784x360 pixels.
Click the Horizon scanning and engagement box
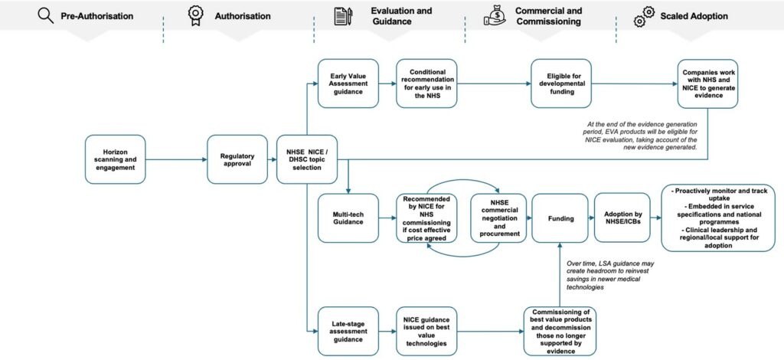(116, 160)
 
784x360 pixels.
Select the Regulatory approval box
(237, 160)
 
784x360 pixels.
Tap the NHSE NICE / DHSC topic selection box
(306, 160)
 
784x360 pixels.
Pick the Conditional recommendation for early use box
(426, 83)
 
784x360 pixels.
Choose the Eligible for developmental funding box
(561, 83)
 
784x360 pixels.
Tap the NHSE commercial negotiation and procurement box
(499, 218)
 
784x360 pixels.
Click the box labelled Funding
(561, 218)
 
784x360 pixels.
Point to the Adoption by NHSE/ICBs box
(624, 218)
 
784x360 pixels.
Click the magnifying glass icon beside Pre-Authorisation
(44, 15)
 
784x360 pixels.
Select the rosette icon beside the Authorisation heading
(194, 15)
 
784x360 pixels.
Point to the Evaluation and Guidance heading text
(400, 16)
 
